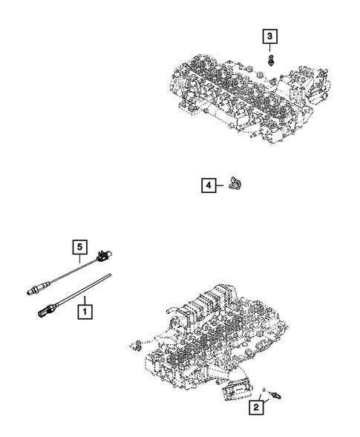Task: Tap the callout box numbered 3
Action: point(270,36)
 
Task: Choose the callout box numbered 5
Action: point(79,246)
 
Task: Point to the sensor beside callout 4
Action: point(237,183)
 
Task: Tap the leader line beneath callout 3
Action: point(270,48)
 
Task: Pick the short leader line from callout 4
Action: point(223,185)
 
